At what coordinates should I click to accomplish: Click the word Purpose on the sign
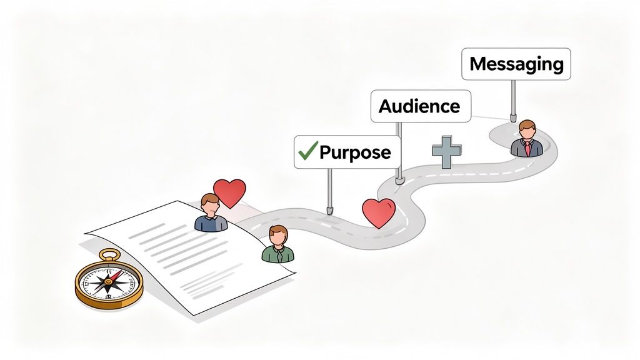(x=355, y=152)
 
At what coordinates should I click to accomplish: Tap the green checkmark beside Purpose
(x=306, y=151)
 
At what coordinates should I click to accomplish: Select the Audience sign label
(x=419, y=106)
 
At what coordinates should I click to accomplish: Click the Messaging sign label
(x=516, y=64)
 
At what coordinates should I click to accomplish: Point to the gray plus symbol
(x=447, y=151)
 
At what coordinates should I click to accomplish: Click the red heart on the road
(x=379, y=212)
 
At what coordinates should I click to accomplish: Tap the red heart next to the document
(x=229, y=192)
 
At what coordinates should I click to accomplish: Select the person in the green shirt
(x=277, y=245)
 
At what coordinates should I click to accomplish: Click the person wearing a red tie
(x=527, y=139)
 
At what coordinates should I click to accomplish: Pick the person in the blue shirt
(x=211, y=214)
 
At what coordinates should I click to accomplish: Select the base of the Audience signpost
(x=400, y=180)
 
